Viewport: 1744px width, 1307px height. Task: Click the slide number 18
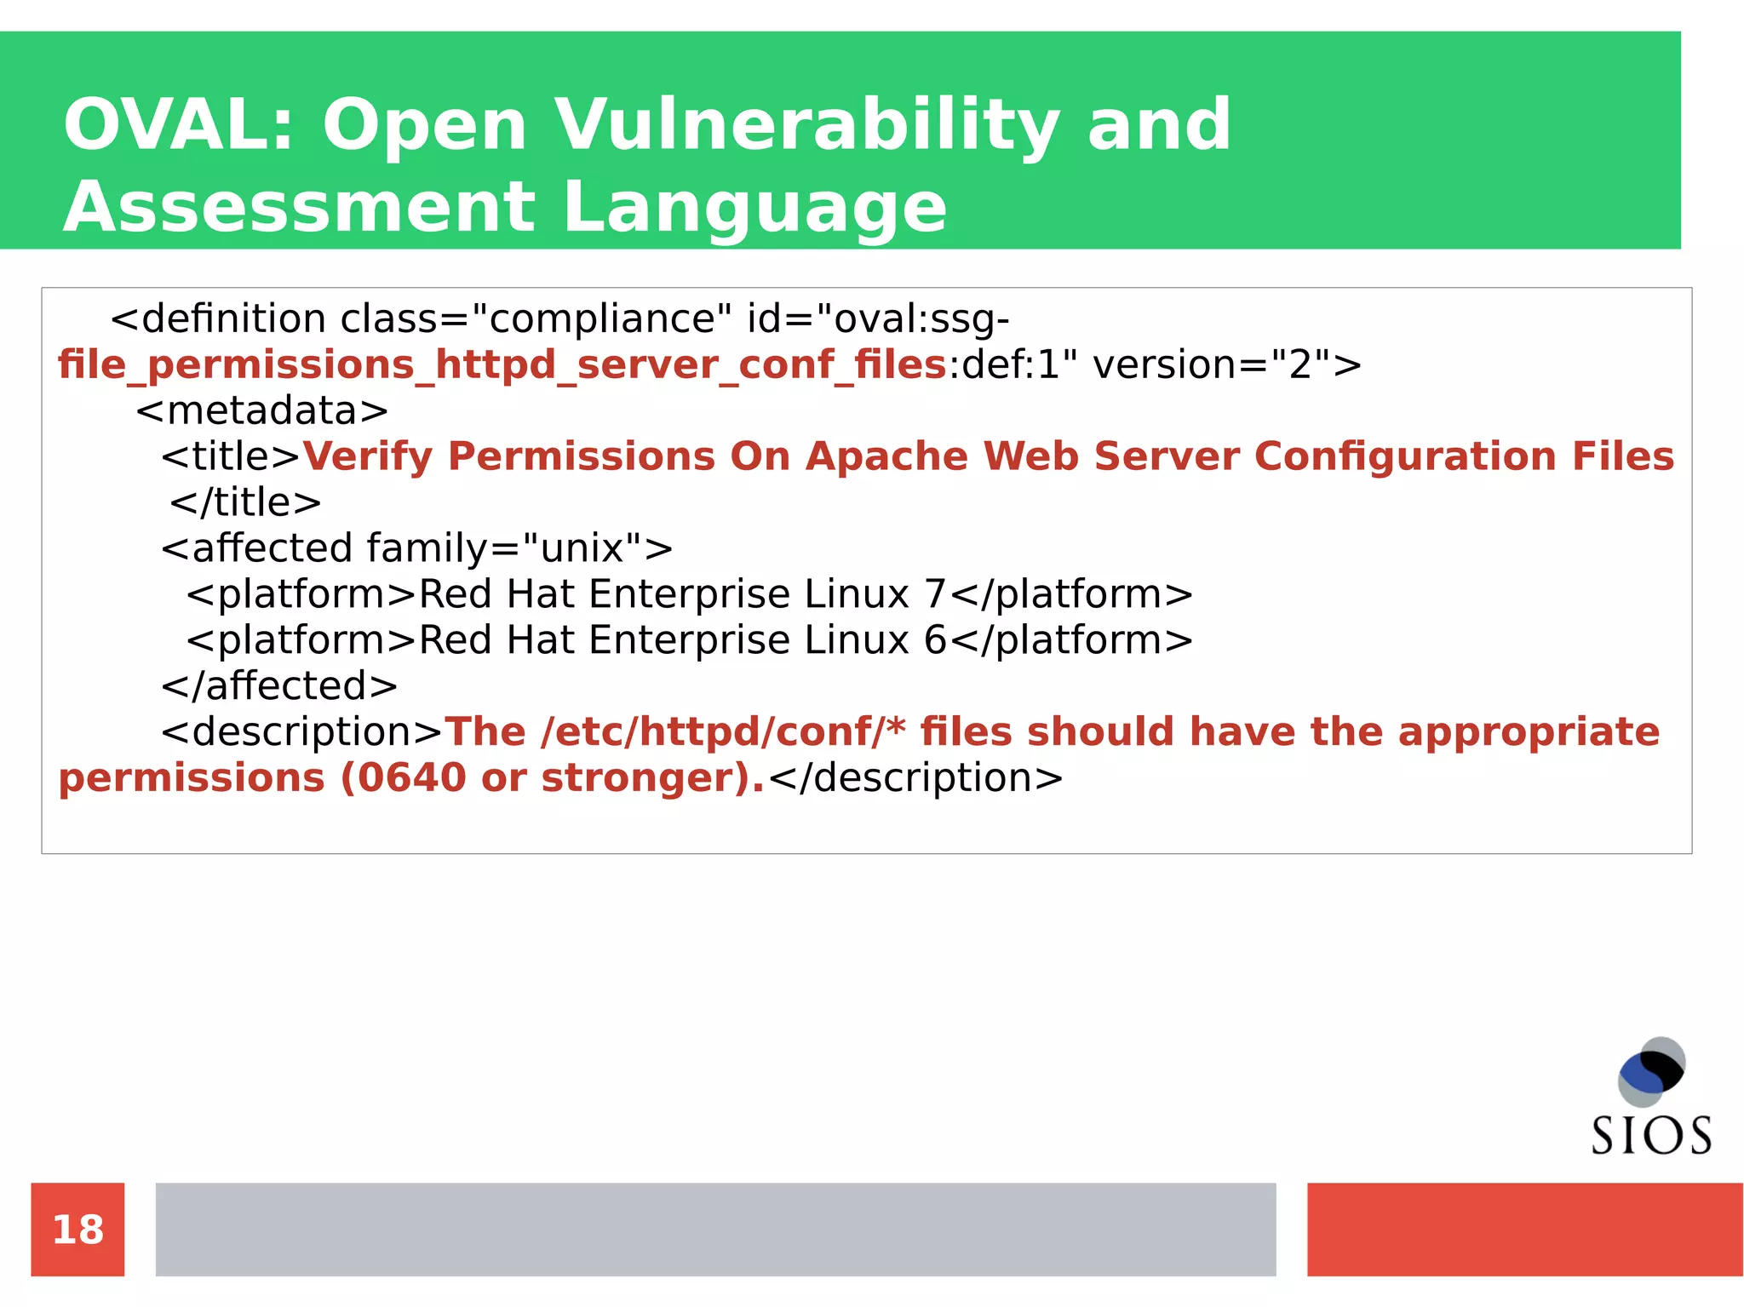click(x=77, y=1230)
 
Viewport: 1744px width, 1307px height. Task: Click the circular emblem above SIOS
click(x=1651, y=1071)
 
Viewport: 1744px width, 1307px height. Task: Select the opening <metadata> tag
click(x=261, y=410)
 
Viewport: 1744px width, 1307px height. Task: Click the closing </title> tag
click(x=245, y=502)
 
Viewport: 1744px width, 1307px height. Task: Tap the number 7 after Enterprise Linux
click(x=935, y=594)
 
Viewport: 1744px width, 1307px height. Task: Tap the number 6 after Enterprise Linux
click(x=935, y=640)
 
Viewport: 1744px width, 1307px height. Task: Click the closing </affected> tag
click(x=279, y=686)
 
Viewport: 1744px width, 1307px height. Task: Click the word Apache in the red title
click(x=886, y=456)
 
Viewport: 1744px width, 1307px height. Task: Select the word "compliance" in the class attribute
click(x=601, y=319)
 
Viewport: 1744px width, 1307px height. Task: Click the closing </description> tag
click(x=915, y=778)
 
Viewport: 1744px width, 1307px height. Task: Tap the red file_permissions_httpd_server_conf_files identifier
click(x=502, y=365)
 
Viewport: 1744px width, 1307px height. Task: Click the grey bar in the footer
click(x=715, y=1230)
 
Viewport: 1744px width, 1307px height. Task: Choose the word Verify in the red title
click(x=368, y=456)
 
